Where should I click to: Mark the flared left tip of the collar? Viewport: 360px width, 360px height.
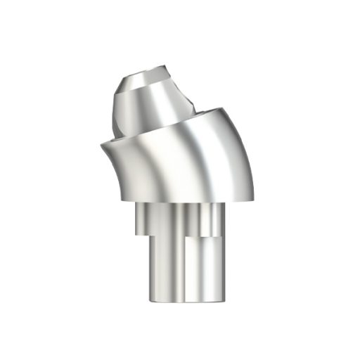(103, 144)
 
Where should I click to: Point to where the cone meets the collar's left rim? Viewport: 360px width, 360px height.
(116, 137)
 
